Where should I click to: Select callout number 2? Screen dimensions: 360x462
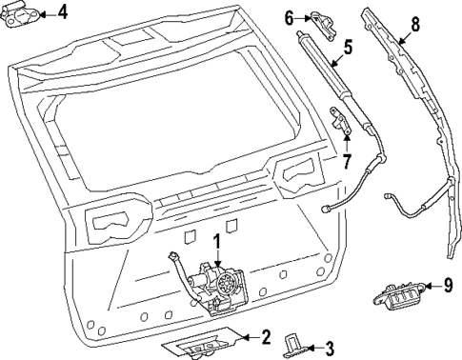coord(267,335)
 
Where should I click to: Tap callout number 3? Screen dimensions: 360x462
coord(329,348)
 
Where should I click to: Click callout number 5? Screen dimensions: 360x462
coord(347,45)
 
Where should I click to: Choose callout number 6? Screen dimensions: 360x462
coord(290,17)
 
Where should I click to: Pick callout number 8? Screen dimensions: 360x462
coord(413,24)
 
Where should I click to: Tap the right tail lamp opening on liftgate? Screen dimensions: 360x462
coord(299,172)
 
